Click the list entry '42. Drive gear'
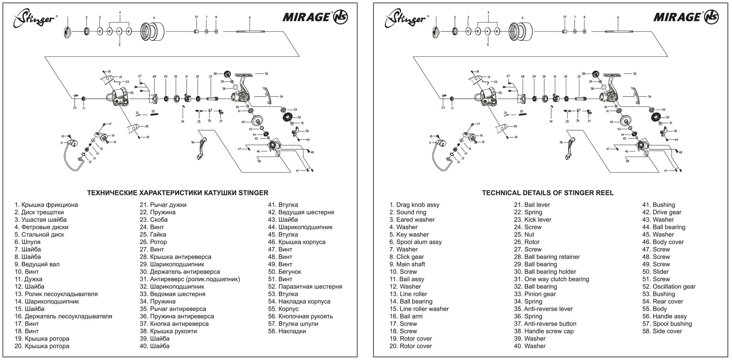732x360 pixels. [662, 212]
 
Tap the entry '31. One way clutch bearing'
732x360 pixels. [552, 279]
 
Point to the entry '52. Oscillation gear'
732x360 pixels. [669, 286]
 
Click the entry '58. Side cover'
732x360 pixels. [662, 331]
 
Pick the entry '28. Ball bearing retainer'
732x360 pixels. [547, 257]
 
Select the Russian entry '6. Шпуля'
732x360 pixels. [27, 242]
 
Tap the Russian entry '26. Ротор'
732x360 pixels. [153, 242]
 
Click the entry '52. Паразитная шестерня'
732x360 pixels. [305, 286]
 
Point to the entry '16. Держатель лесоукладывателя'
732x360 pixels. [63, 316]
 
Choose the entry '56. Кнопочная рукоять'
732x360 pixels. [300, 316]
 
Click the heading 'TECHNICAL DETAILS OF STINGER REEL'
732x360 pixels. [548, 193]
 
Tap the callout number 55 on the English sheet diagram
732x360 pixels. [635, 74]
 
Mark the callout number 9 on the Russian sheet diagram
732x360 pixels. [249, 18]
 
